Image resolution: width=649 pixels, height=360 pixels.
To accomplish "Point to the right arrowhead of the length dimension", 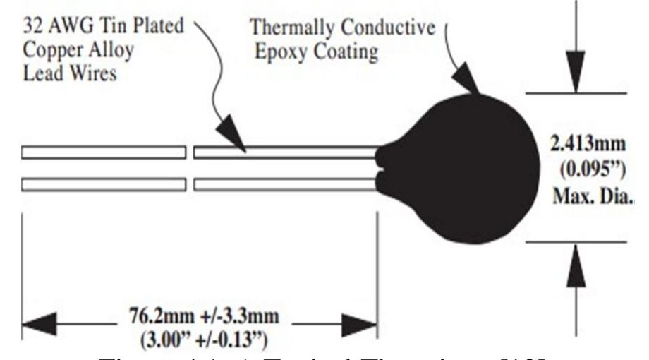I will (360, 325).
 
